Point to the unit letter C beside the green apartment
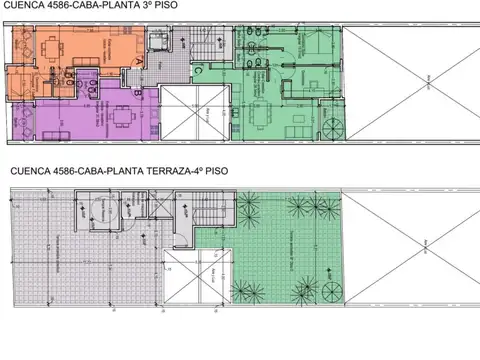click(198, 70)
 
